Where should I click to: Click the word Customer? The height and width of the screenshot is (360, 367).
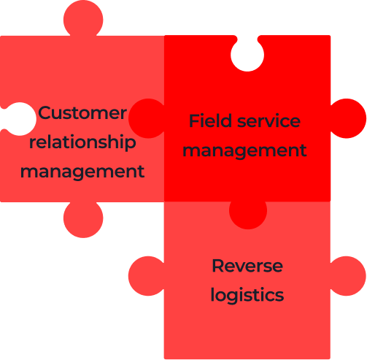point(82,113)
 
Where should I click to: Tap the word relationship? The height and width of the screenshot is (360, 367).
point(82,142)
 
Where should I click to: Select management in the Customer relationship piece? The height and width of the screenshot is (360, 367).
point(82,172)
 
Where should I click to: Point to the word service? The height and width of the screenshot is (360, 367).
point(269,121)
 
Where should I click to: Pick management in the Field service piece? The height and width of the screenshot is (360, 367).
point(244,151)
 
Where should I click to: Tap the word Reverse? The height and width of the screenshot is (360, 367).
point(247,266)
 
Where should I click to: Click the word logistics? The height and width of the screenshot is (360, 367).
point(247,295)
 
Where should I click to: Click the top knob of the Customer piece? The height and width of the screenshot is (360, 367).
point(83,19)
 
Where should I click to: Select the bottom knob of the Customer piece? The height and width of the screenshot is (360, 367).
point(83,218)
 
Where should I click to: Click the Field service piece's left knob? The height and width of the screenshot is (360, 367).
point(147,118)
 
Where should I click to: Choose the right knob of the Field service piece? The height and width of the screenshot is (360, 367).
point(348,118)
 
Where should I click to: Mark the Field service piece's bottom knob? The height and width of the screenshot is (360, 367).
point(248,214)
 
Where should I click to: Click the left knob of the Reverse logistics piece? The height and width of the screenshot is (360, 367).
point(147,276)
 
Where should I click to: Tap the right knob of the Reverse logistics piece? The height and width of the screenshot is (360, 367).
point(348,276)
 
